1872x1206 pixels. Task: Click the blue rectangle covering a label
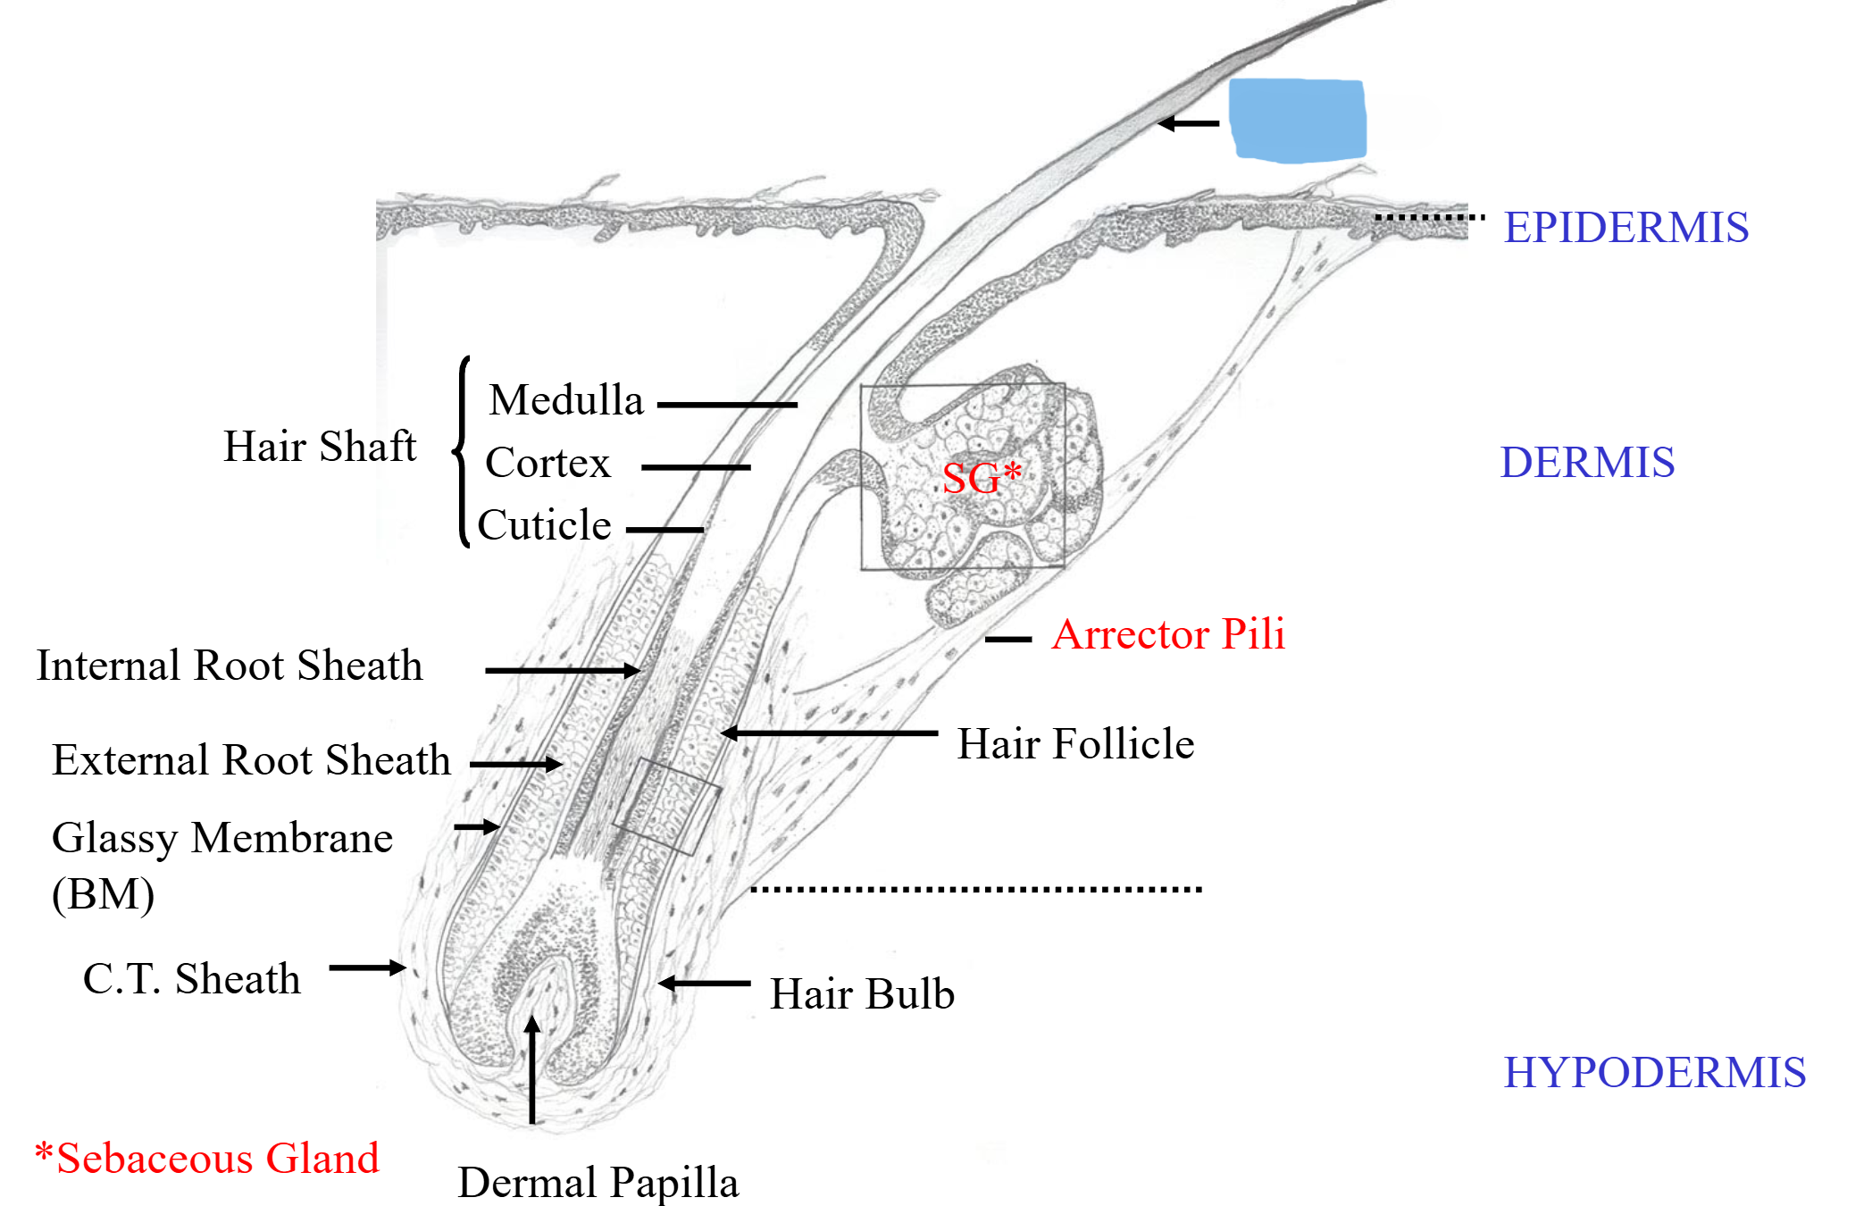point(1297,121)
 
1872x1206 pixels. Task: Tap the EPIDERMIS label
point(1625,227)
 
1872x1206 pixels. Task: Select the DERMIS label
point(1587,462)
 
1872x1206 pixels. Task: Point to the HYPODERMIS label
point(1654,1072)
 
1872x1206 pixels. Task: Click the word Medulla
point(566,399)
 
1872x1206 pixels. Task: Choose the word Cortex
point(547,463)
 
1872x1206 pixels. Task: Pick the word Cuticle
point(544,524)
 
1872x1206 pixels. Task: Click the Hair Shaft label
point(319,446)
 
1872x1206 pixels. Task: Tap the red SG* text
point(981,477)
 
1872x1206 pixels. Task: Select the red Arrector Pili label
point(1168,634)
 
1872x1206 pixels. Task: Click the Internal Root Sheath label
point(229,666)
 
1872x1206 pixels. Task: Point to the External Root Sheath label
point(251,760)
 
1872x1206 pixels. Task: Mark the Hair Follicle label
point(1075,743)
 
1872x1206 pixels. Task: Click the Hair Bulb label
point(862,993)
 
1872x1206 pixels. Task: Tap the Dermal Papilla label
point(598,1182)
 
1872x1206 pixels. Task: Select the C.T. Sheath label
point(191,978)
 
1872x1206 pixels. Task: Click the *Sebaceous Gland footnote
point(207,1159)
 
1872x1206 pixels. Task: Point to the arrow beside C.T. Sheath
point(367,967)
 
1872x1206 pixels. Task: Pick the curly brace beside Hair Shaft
point(462,451)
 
